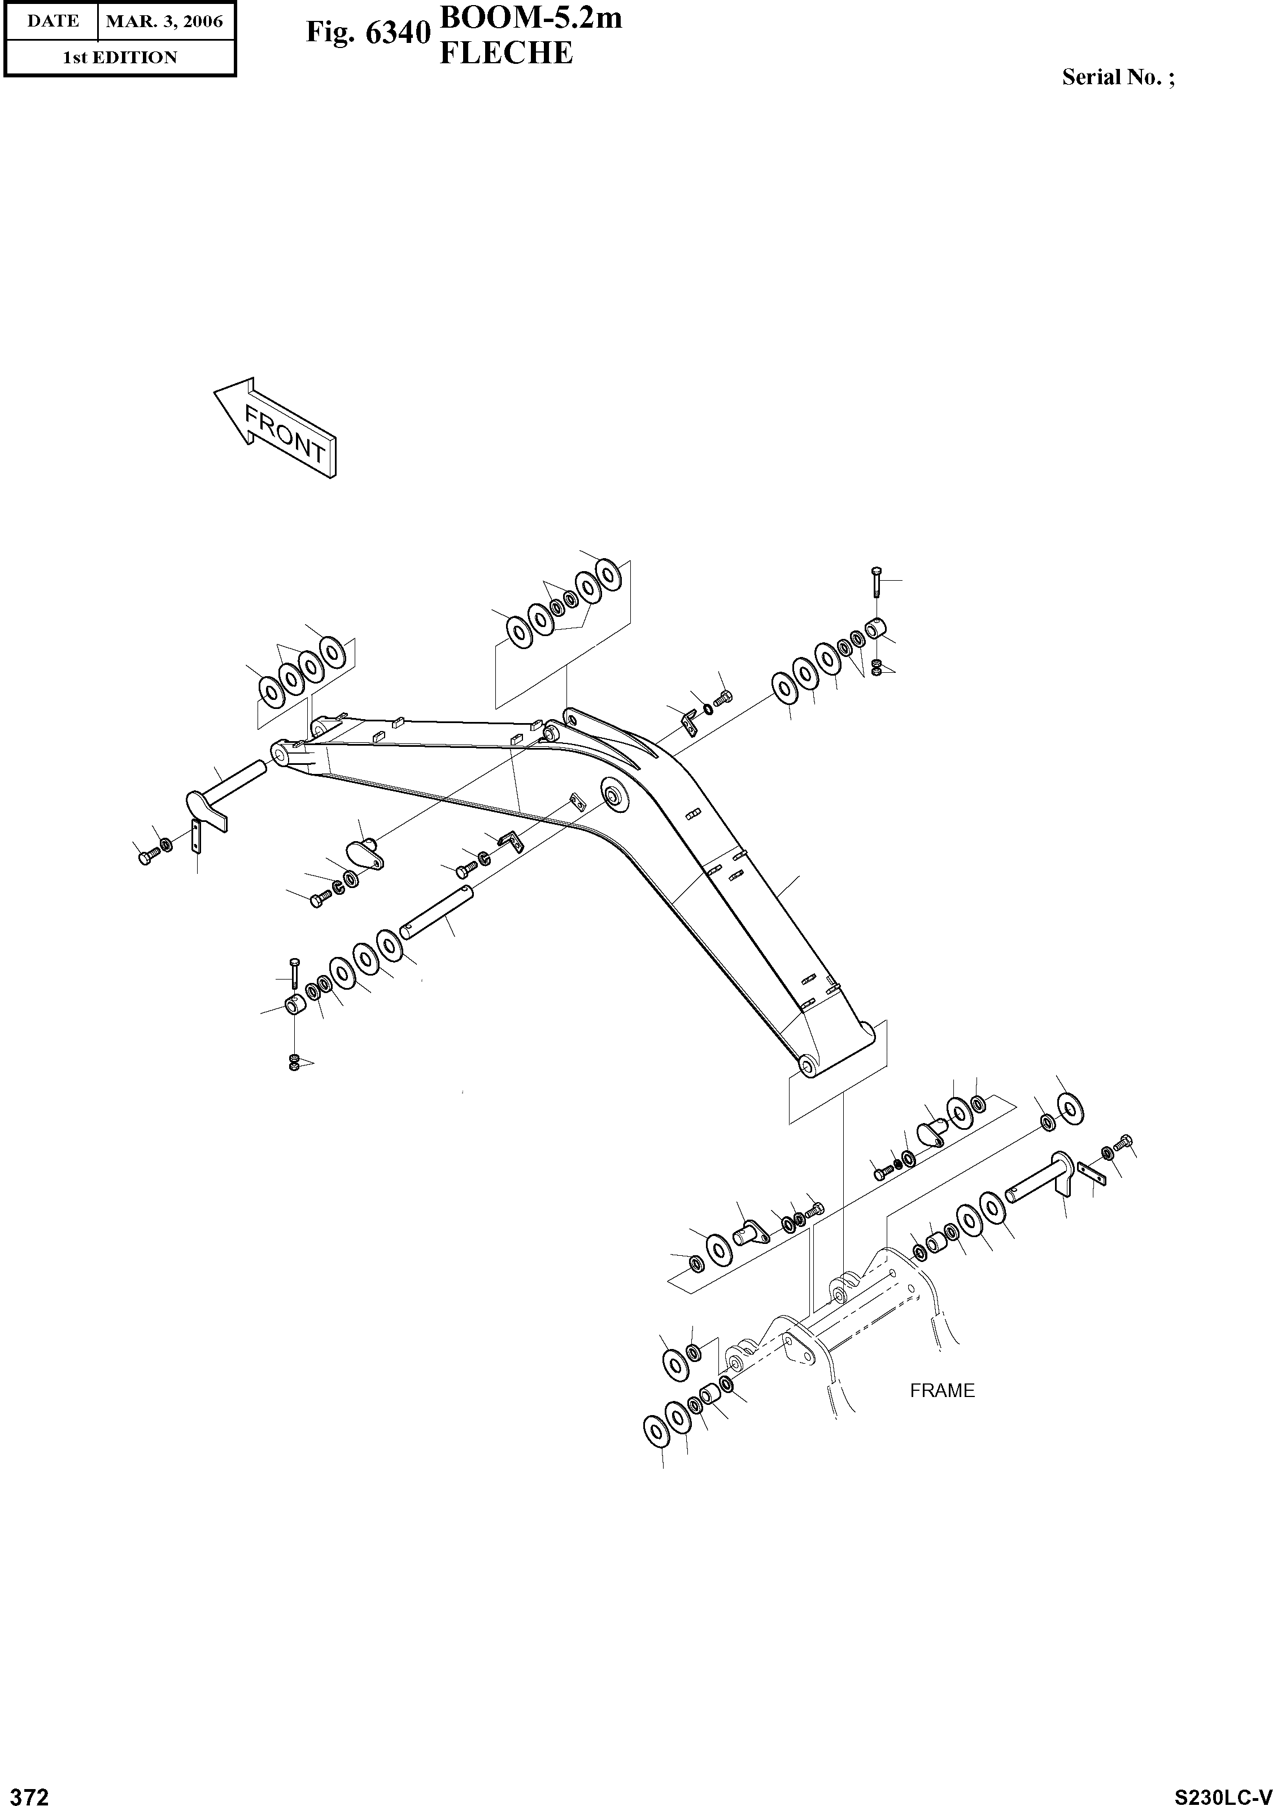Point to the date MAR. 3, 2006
tap(164, 21)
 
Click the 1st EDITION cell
tap(120, 58)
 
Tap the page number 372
tap(26, 1792)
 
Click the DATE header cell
tap(53, 21)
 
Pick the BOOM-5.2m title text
tap(531, 18)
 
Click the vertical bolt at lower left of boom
tap(294, 974)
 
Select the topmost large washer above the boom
tap(607, 573)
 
